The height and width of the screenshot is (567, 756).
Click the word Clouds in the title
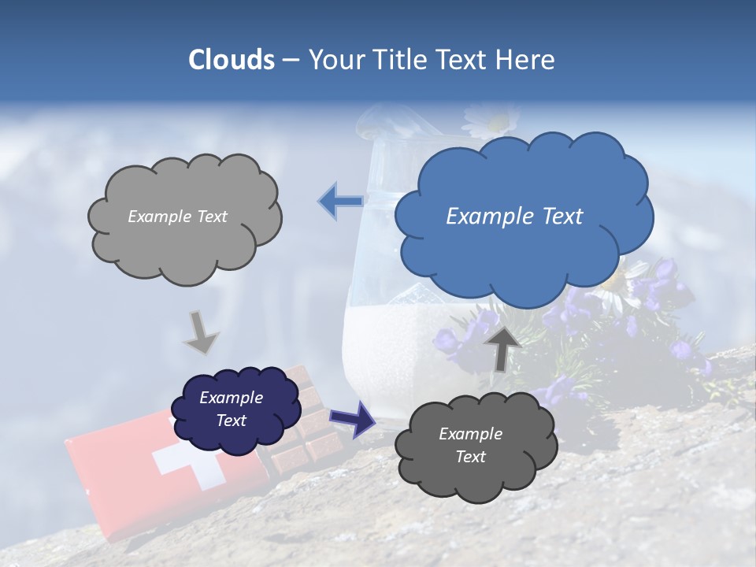point(231,60)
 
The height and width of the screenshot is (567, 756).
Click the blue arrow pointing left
point(340,201)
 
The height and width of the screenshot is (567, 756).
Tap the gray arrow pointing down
point(201,332)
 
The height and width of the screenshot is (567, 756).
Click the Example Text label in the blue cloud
point(514,217)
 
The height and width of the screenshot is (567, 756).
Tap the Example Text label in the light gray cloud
point(177,217)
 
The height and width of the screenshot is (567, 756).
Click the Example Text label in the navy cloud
point(232,409)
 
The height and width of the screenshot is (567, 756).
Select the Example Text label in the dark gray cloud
point(470,445)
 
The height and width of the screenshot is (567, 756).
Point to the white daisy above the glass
point(491,120)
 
